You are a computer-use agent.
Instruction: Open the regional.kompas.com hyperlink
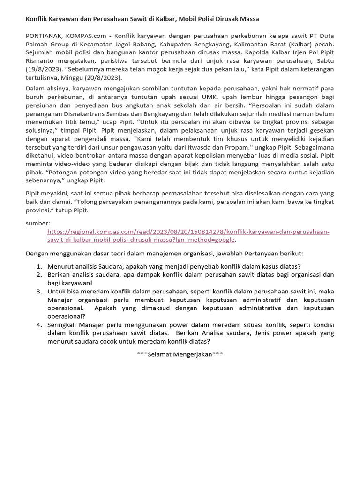coord(188,232)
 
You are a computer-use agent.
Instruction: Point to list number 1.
coord(39,266)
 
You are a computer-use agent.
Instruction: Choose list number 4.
coord(39,325)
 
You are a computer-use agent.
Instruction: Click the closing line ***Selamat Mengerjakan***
coord(180,354)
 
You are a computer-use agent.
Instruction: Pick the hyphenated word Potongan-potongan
coord(75,172)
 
